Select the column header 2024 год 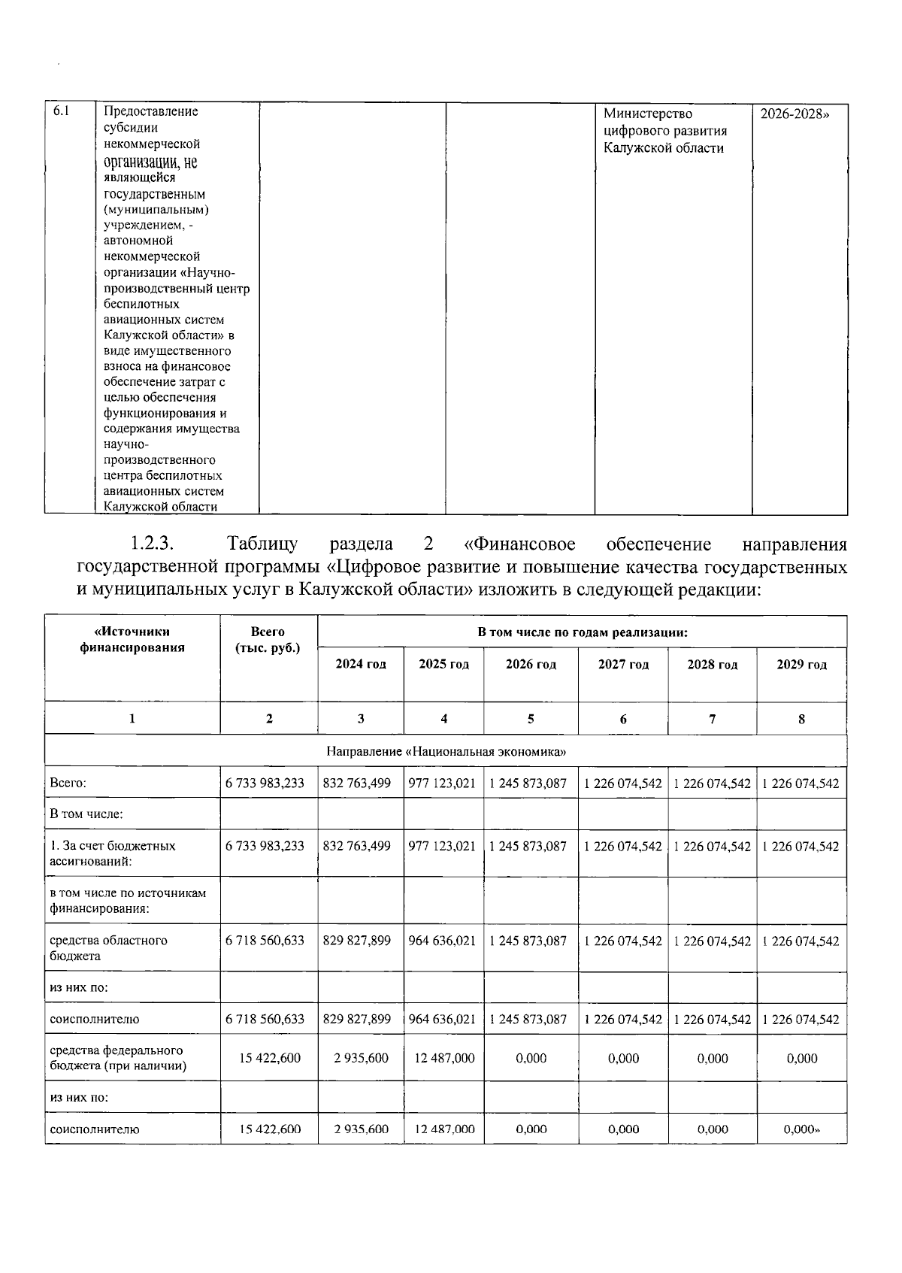click(360, 665)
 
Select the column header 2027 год click(622, 665)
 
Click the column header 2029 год click(801, 665)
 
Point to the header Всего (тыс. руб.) click(268, 640)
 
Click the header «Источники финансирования click(132, 640)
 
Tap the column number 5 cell click(530, 719)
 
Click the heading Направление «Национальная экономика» click(446, 751)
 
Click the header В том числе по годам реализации click(583, 632)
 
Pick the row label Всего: click(68, 784)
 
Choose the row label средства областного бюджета click(108, 948)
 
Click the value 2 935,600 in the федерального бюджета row click(361, 1058)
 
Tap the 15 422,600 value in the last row click(270, 1129)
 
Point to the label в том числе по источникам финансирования click(127, 901)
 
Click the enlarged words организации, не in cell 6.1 click(150, 162)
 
